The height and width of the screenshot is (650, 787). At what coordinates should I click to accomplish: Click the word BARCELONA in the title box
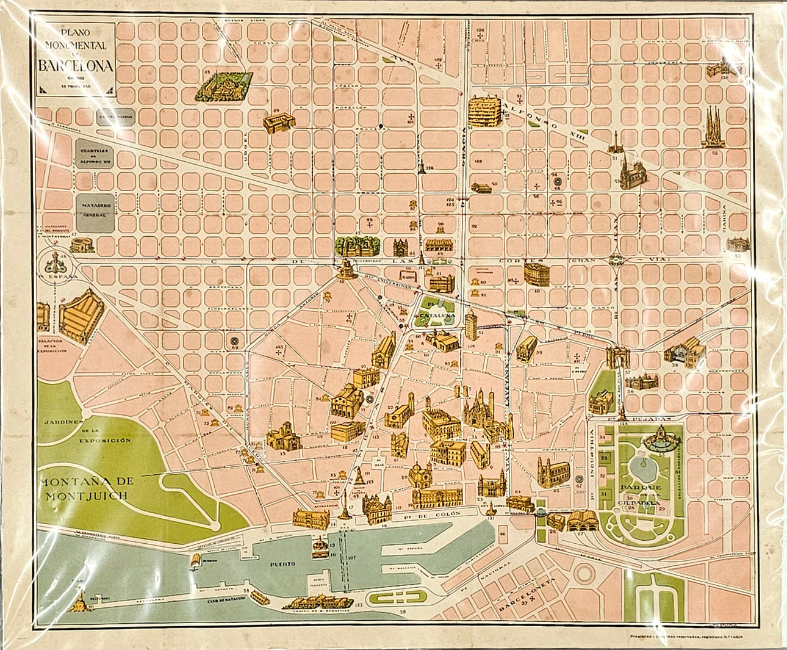pos(76,66)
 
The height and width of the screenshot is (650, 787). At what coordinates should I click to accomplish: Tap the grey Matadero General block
pos(95,210)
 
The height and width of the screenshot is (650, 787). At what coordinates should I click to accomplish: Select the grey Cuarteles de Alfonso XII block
pos(94,155)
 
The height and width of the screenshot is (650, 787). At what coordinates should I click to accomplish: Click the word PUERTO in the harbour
pos(284,564)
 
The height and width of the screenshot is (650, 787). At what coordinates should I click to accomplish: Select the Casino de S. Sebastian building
pos(311,603)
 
